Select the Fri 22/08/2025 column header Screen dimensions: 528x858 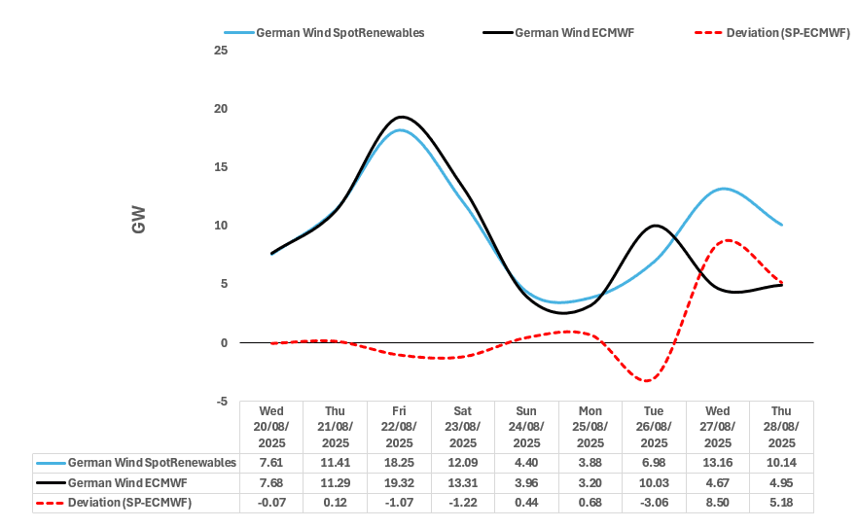point(400,427)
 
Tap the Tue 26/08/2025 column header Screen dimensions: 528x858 point(654,427)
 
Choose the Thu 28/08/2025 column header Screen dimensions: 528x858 point(781,427)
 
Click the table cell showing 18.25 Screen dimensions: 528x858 point(400,463)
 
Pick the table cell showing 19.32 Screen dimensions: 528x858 point(400,482)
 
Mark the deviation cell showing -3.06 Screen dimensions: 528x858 point(654,503)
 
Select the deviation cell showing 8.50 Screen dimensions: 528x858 point(718,503)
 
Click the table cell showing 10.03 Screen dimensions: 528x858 point(654,482)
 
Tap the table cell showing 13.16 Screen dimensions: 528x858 point(718,463)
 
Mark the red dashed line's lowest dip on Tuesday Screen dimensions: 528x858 point(650,380)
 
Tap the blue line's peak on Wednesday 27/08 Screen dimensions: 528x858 point(723,189)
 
